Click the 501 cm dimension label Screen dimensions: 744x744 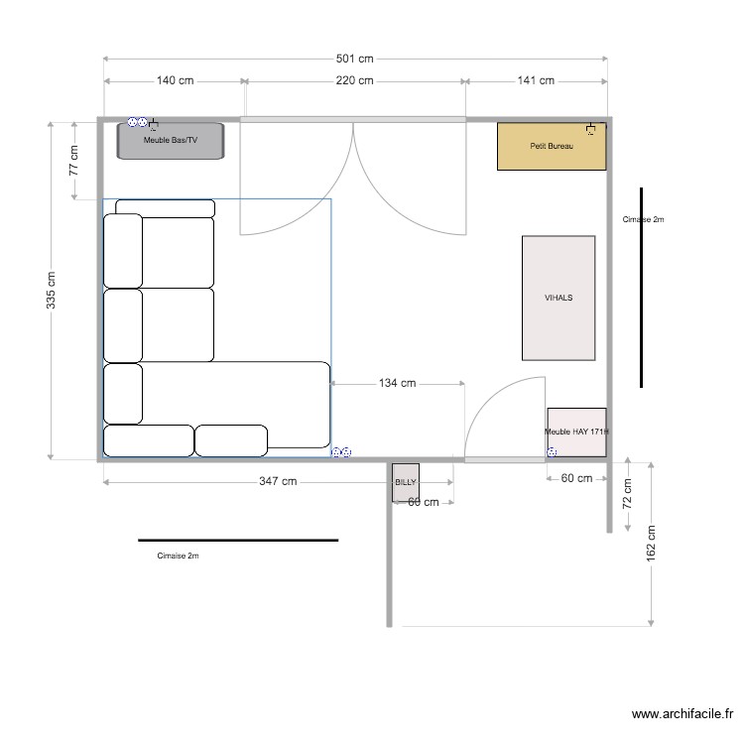click(353, 59)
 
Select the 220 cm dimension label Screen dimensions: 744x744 click(353, 81)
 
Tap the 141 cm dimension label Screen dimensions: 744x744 click(536, 81)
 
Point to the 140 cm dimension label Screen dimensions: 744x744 click(174, 81)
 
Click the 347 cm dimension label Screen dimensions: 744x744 click(277, 482)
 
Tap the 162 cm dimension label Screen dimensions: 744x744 click(650, 541)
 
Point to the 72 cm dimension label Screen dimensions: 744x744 click(627, 493)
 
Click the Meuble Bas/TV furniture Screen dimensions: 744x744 click(171, 141)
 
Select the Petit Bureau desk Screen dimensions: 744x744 click(551, 147)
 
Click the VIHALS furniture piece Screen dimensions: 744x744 click(558, 298)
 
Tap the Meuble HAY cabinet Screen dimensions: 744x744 click(576, 433)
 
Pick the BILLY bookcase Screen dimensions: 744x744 click(406, 481)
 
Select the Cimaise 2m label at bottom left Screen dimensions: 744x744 click(178, 557)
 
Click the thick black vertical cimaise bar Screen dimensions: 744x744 click(642, 288)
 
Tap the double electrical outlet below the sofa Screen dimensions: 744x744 click(340, 452)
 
